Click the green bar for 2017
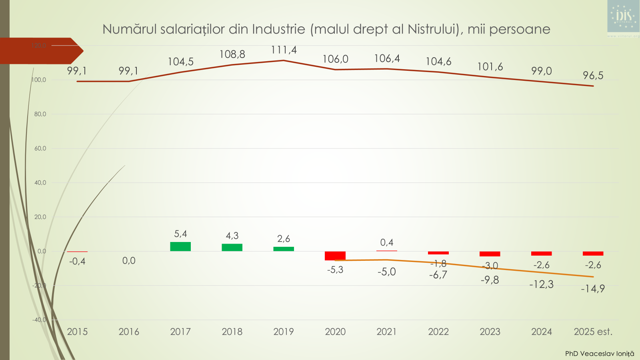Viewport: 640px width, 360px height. coord(180,246)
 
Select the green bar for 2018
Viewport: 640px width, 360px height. coord(232,247)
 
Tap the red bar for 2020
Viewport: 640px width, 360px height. coord(335,256)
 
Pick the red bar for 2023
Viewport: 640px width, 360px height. coord(490,254)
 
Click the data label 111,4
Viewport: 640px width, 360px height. coord(284,50)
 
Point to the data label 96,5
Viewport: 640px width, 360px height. coord(593,76)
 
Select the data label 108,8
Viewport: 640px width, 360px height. coord(232,54)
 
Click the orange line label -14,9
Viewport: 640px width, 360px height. coord(593,288)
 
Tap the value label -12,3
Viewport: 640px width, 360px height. coord(541,284)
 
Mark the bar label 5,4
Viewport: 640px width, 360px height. coord(180,234)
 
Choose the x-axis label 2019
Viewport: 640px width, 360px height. coord(284,332)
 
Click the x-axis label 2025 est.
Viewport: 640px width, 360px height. coord(593,332)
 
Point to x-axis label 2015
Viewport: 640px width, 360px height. coord(77,332)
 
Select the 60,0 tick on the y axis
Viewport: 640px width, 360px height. coord(40,148)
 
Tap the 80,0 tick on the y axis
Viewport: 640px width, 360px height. coord(40,114)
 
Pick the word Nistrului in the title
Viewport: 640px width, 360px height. coord(434,29)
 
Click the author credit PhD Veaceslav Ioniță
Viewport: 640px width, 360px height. coord(599,354)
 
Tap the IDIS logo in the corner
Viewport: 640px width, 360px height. coord(623,16)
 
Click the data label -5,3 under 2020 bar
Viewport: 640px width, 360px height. coord(335,270)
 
